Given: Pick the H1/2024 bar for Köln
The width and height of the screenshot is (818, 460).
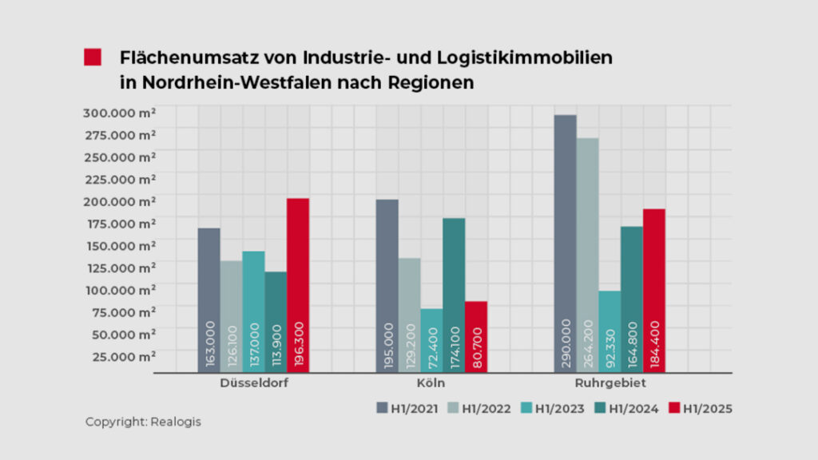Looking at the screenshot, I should tap(454, 295).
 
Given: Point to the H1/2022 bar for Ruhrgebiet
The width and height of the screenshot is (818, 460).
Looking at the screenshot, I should tap(588, 255).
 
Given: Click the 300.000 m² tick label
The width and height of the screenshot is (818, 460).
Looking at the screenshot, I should tap(119, 112).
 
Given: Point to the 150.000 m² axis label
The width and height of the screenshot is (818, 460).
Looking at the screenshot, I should tap(119, 245).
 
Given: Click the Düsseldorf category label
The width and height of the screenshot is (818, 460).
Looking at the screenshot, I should tap(254, 383).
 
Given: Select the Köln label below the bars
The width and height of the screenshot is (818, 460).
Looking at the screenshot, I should tap(431, 383).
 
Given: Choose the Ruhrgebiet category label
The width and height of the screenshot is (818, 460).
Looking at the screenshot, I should tap(612, 383).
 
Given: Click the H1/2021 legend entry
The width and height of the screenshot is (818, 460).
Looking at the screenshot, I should tap(407, 409).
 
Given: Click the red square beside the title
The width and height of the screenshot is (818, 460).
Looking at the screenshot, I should tap(93, 57).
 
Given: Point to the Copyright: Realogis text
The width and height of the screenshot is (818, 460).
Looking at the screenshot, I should tap(143, 422).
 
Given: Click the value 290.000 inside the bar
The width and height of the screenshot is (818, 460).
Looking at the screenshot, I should tap(566, 343).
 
